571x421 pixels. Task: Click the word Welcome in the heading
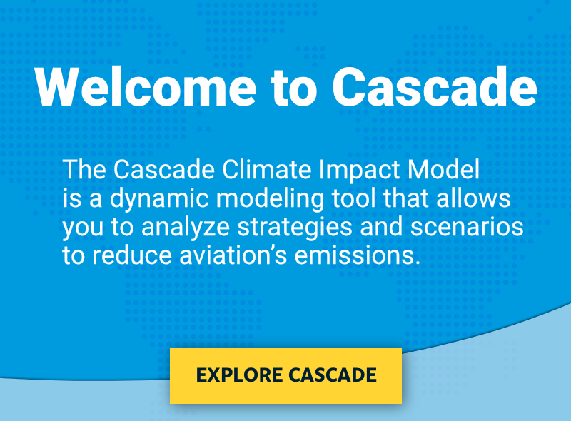click(146, 86)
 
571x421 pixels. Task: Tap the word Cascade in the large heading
click(435, 86)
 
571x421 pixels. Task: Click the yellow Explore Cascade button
click(286, 375)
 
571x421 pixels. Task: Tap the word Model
click(443, 169)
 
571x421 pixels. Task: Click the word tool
click(353, 198)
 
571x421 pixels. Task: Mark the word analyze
click(186, 228)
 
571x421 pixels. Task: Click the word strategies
click(295, 228)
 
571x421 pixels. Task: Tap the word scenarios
click(467, 227)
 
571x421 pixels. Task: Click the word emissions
click(355, 255)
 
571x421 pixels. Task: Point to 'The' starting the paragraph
click(84, 169)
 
